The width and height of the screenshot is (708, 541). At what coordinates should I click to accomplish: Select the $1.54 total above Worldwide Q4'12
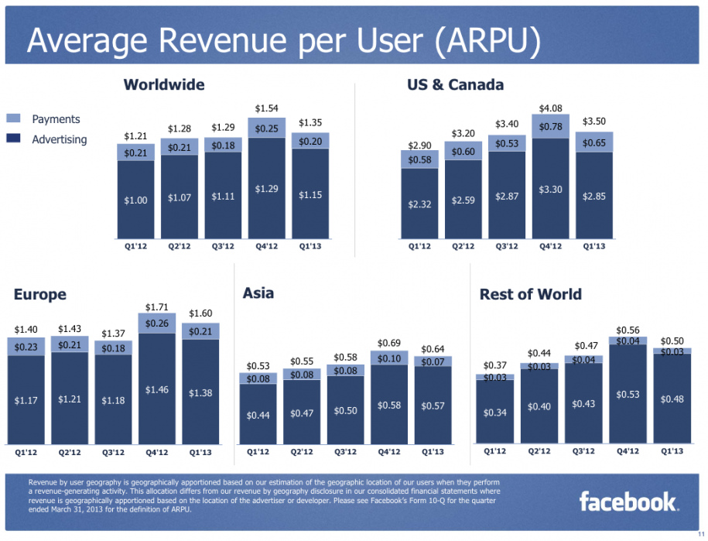[x=266, y=108]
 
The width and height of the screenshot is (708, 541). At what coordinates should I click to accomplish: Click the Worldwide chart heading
[x=164, y=84]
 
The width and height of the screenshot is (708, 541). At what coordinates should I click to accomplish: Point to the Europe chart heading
[x=39, y=294]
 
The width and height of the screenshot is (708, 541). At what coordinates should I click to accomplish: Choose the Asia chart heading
[x=258, y=293]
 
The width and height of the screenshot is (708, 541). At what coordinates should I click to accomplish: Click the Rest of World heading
[x=530, y=294]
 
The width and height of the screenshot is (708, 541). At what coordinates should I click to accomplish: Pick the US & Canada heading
[x=455, y=84]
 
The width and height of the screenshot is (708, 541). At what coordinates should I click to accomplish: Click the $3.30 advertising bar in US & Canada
[x=550, y=190]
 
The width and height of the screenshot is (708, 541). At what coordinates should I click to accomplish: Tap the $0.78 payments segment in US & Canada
[x=550, y=126]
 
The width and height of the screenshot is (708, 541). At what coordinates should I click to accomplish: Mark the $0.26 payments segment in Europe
[x=158, y=323]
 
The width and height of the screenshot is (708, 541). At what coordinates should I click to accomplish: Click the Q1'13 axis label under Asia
[x=433, y=452]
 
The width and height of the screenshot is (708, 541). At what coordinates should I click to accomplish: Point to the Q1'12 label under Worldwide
[x=135, y=248]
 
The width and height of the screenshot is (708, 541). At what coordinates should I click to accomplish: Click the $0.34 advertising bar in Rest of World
[x=495, y=412]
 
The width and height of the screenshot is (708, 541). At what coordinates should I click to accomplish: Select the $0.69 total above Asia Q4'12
[x=389, y=343]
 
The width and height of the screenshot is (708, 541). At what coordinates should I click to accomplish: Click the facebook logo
[x=628, y=502]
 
